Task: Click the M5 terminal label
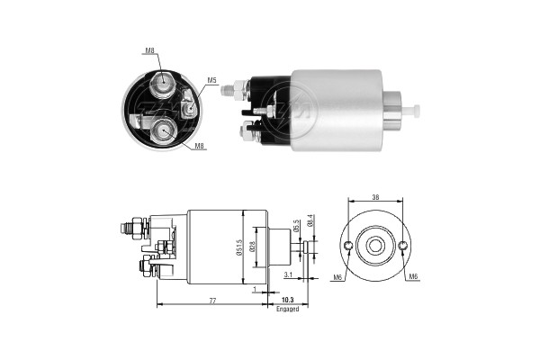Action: coord(212,81)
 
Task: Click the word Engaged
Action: coord(288,309)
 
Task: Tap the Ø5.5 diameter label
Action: coord(296,226)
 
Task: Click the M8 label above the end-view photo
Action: coord(148,51)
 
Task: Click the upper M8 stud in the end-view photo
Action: coord(164,85)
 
